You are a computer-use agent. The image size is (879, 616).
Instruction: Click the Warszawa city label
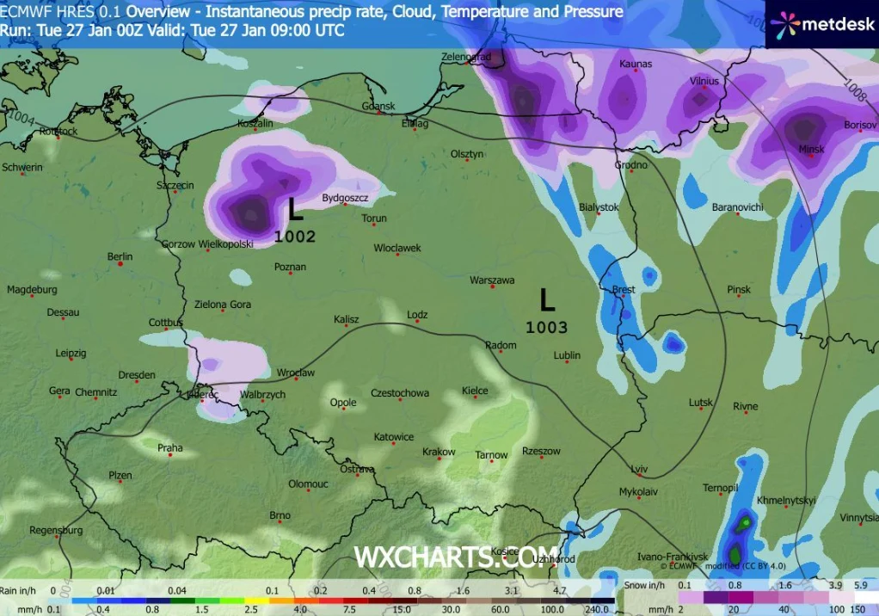pyautogui.click(x=492, y=280)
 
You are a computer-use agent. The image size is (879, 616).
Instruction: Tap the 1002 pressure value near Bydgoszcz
pyautogui.click(x=295, y=237)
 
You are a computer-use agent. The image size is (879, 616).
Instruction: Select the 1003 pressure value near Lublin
pyautogui.click(x=547, y=327)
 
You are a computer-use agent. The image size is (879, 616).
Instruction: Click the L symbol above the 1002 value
pyautogui.click(x=296, y=209)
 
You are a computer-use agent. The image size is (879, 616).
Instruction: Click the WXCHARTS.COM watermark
pyautogui.click(x=456, y=557)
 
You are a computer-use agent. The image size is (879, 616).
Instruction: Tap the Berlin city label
pyautogui.click(x=120, y=256)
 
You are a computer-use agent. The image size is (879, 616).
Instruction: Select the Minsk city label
pyautogui.click(x=811, y=149)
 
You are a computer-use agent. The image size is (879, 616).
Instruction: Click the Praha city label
pyautogui.click(x=169, y=447)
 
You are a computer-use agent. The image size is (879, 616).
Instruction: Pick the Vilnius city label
pyautogui.click(x=704, y=81)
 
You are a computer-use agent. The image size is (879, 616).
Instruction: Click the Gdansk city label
pyautogui.click(x=378, y=107)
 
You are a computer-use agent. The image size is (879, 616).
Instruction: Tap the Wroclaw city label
pyautogui.click(x=295, y=373)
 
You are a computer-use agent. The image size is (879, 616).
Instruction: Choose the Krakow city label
pyautogui.click(x=439, y=452)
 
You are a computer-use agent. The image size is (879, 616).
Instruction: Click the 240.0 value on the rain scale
pyautogui.click(x=597, y=609)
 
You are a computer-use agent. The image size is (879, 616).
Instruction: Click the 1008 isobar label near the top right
pyautogui.click(x=851, y=86)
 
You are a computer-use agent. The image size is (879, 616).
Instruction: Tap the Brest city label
pyautogui.click(x=623, y=290)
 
